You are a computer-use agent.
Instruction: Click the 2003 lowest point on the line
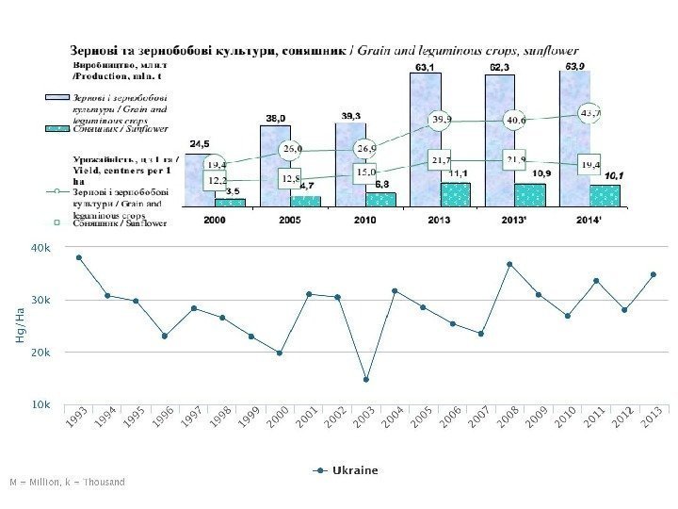[366, 380]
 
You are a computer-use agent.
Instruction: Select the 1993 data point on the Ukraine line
[79, 257]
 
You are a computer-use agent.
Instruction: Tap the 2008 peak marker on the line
[509, 265]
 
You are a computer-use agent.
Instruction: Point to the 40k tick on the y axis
[41, 248]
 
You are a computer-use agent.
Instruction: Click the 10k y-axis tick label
[41, 403]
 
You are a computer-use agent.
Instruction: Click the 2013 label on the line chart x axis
[648, 423]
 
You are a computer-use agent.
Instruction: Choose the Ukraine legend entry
[347, 469]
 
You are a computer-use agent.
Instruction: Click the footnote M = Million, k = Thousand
[66, 482]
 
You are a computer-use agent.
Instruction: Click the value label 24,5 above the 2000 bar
[200, 143]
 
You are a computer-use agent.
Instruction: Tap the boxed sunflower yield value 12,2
[217, 178]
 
